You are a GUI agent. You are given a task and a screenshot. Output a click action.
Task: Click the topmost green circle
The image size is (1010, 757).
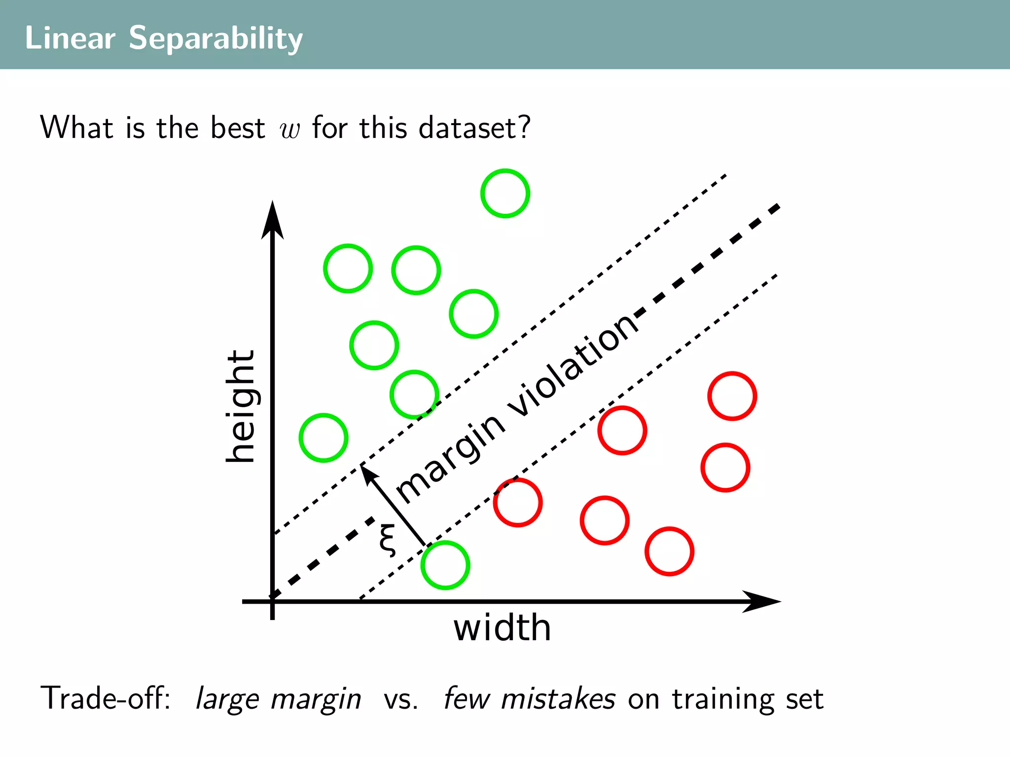505,193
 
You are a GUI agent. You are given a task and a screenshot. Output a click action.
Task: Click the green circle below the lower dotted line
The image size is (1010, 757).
445,565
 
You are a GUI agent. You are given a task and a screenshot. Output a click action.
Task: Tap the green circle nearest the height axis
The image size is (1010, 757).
324,438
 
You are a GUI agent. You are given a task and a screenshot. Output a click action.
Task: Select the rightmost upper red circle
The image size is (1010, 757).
732,396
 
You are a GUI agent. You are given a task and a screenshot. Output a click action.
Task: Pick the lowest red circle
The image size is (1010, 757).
669,551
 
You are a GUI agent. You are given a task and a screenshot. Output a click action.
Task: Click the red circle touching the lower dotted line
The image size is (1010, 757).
518,503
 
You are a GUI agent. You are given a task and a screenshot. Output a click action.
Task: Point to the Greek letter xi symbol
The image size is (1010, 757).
388,540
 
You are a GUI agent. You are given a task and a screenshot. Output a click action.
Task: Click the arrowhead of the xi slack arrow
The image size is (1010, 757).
367,473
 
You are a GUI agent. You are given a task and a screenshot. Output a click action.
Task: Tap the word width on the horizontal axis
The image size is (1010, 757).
502,628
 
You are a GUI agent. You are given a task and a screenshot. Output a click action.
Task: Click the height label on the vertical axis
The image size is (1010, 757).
241,406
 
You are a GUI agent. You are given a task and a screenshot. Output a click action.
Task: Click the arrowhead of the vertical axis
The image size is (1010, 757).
272,219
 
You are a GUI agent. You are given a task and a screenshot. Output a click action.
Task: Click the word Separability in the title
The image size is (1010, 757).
216,38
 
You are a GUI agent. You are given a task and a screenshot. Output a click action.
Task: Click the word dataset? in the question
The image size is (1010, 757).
474,128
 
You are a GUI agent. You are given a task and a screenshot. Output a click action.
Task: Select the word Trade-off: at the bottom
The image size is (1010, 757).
106,698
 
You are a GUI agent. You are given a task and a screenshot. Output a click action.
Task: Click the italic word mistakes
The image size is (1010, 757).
558,698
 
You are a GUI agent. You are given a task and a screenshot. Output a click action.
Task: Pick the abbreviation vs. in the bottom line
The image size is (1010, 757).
401,699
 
